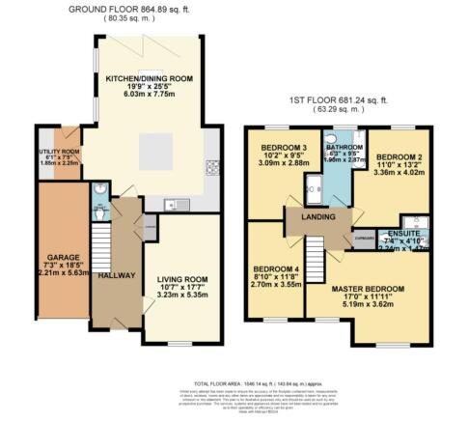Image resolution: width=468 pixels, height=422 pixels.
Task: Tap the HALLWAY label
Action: tap(117, 275)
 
